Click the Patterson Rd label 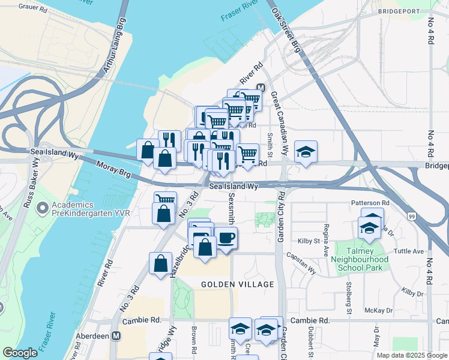(x=370, y=203)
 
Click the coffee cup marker (x=226, y=238)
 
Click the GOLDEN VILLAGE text (x=237, y=284)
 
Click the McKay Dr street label (x=381, y=311)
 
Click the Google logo (x=20, y=353)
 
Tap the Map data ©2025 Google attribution (x=411, y=355)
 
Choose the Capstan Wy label (x=303, y=270)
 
